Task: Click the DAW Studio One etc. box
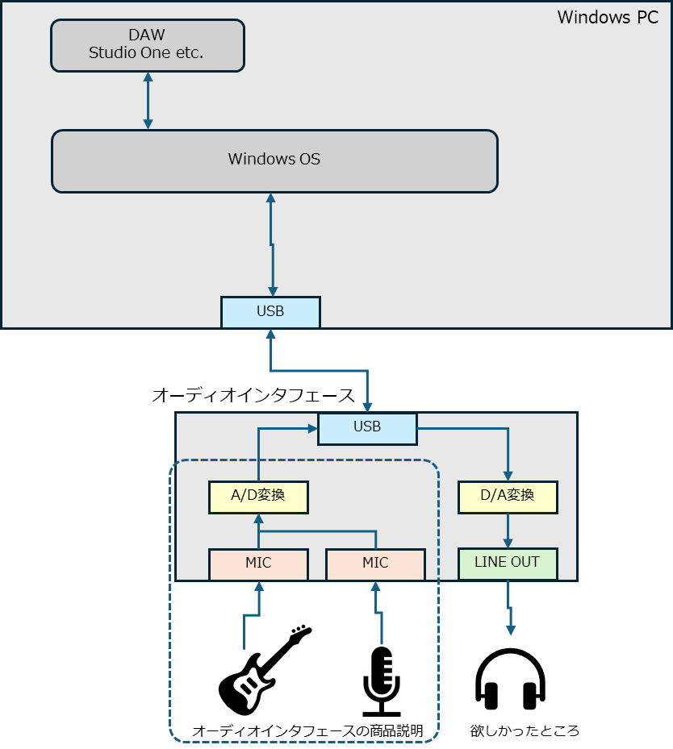click(x=148, y=46)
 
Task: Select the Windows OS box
click(x=275, y=161)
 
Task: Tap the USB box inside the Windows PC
click(x=270, y=312)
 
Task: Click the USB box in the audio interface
click(x=368, y=428)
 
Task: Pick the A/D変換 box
click(x=258, y=497)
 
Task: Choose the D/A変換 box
click(x=508, y=497)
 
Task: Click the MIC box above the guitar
click(x=258, y=564)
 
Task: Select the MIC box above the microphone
click(x=376, y=564)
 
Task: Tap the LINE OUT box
click(x=508, y=564)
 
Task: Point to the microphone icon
click(x=382, y=681)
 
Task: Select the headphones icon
click(x=511, y=679)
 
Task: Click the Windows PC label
click(x=608, y=17)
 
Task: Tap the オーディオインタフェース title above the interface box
click(x=253, y=396)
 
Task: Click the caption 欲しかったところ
click(x=525, y=730)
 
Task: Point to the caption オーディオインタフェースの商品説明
click(x=307, y=730)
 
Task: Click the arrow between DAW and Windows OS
click(x=148, y=101)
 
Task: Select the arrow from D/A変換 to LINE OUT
click(x=508, y=531)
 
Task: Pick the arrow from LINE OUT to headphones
click(x=509, y=608)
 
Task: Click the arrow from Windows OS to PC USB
click(x=272, y=244)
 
